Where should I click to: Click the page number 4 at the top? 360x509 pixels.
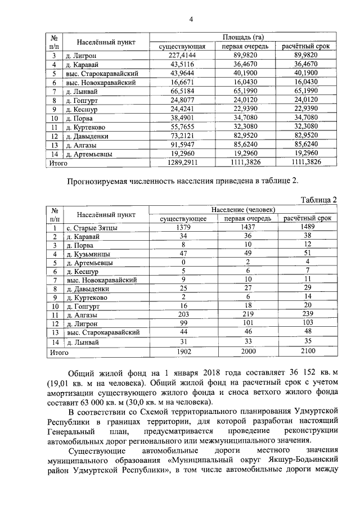pos(191,21)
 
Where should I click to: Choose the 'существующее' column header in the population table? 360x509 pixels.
pos(183,218)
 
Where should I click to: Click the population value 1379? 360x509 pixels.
pos(183,227)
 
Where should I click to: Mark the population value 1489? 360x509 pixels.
pos(307,227)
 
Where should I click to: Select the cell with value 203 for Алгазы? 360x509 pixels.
pos(183,316)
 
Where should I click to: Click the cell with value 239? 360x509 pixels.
pos(307,316)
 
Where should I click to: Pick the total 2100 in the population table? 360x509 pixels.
pos(307,353)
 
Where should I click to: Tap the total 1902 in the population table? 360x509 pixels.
pos(183,353)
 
